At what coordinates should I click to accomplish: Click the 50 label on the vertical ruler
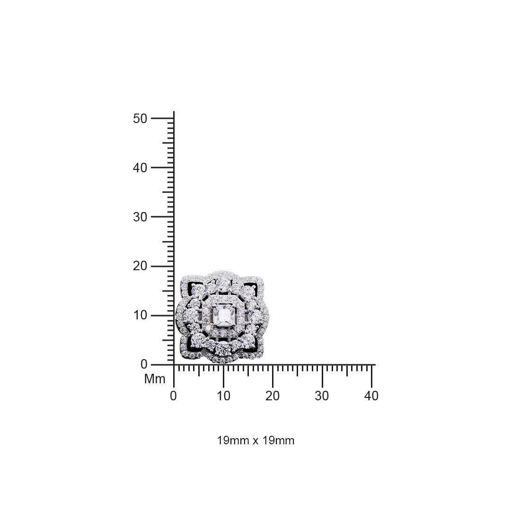[x=141, y=118]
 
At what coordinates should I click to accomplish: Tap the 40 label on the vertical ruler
[x=141, y=167]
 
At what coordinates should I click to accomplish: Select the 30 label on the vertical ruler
[x=141, y=217]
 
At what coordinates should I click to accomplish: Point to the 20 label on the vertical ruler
[x=141, y=266]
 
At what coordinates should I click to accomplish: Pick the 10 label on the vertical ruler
[x=141, y=315]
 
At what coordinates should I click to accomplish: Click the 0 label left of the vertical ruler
[x=144, y=364]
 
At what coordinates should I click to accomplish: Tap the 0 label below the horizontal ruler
[x=174, y=396]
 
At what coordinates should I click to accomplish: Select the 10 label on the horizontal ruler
[x=223, y=396]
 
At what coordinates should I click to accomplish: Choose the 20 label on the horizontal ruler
[x=273, y=396]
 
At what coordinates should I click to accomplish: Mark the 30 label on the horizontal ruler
[x=322, y=396]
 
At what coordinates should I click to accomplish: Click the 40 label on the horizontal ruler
[x=371, y=396]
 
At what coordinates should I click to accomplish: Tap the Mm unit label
[x=155, y=379]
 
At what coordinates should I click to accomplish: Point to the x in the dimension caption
[x=255, y=441]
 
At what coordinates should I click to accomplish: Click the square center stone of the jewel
[x=222, y=314]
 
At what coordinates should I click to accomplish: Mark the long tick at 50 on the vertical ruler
[x=162, y=118]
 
